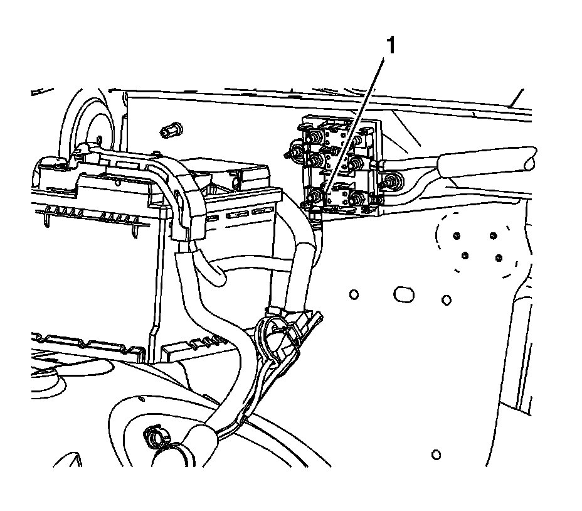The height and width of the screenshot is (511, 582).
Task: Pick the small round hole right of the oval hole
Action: click(x=446, y=299)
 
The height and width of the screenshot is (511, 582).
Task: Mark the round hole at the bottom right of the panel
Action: click(x=437, y=454)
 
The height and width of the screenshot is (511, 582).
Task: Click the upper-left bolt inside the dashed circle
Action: click(x=457, y=236)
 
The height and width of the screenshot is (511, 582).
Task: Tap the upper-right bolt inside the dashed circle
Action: click(x=493, y=237)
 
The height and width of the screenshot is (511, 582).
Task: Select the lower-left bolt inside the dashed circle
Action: click(x=465, y=256)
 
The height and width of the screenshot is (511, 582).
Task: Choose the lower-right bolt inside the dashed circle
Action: click(x=499, y=258)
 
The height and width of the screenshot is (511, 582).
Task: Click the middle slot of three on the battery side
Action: click(x=238, y=215)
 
